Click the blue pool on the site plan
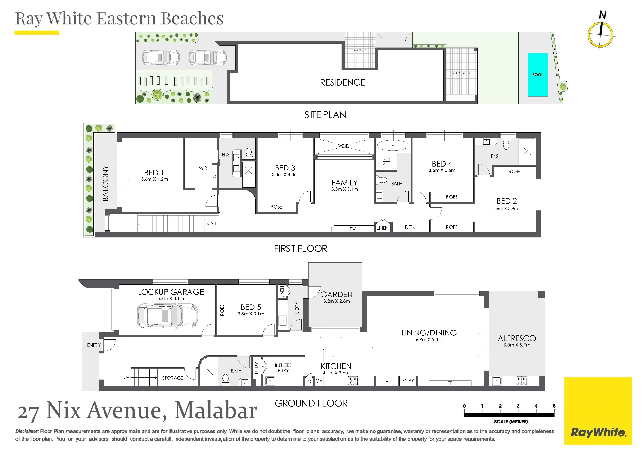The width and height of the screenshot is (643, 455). (538, 75)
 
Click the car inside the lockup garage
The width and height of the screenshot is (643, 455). (168, 316)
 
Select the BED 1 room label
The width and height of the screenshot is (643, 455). (154, 173)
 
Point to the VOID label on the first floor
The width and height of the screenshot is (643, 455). (344, 146)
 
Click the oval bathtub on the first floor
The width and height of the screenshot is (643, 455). (393, 145)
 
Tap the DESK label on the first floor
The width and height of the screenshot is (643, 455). (410, 227)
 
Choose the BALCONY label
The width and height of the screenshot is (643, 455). (105, 183)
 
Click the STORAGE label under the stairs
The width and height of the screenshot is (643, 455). (172, 378)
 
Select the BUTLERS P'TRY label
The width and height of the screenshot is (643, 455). (283, 368)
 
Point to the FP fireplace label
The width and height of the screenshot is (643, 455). (450, 383)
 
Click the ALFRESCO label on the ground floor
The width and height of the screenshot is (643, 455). (517, 338)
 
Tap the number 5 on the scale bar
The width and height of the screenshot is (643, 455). (554, 406)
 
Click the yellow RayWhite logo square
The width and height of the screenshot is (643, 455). (598, 411)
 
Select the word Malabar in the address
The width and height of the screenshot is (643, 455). (216, 410)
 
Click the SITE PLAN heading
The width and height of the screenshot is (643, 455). (325, 115)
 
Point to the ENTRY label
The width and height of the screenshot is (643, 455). (94, 345)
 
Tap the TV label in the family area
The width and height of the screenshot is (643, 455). (353, 229)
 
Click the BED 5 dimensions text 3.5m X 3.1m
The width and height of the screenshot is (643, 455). (251, 314)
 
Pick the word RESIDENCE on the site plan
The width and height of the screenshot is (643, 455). (342, 83)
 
